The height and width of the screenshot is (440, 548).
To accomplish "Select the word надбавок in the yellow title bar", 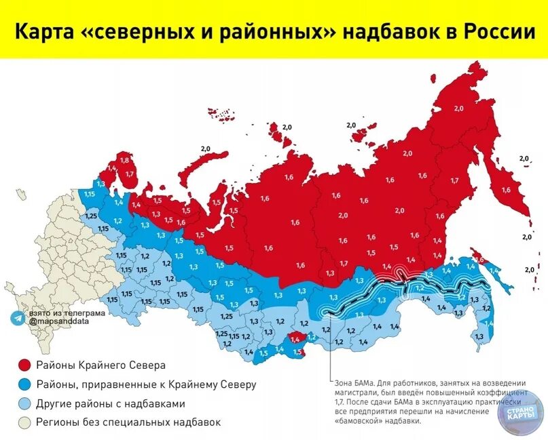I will [x=390, y=32].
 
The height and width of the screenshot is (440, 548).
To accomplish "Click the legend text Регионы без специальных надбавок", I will [x=128, y=422].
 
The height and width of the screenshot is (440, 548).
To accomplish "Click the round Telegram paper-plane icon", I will [x=18, y=317].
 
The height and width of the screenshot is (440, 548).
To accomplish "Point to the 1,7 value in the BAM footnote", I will [x=339, y=401].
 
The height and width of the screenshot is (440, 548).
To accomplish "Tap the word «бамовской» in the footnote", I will [x=354, y=420].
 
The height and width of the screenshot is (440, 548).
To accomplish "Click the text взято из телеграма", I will [x=67, y=313].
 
